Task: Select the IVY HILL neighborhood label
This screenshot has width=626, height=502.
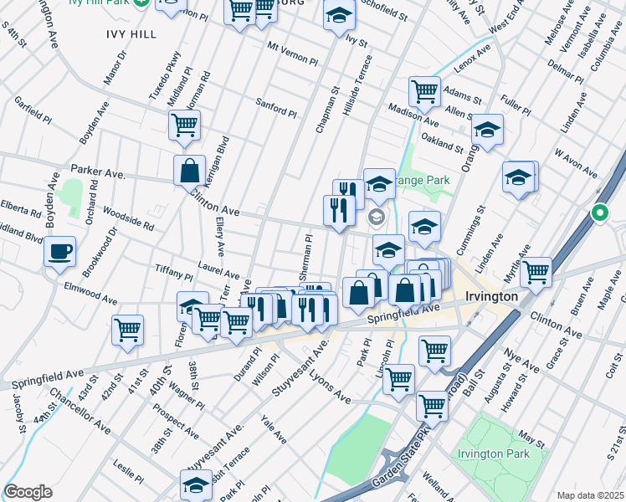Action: click(131, 33)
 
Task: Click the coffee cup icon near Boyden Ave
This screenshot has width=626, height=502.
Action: click(59, 252)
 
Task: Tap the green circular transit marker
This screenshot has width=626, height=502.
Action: click(599, 213)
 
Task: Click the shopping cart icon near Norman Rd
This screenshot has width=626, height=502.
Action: click(184, 125)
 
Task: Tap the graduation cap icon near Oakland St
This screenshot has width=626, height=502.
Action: click(487, 130)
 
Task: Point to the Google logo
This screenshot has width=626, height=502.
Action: click(28, 492)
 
